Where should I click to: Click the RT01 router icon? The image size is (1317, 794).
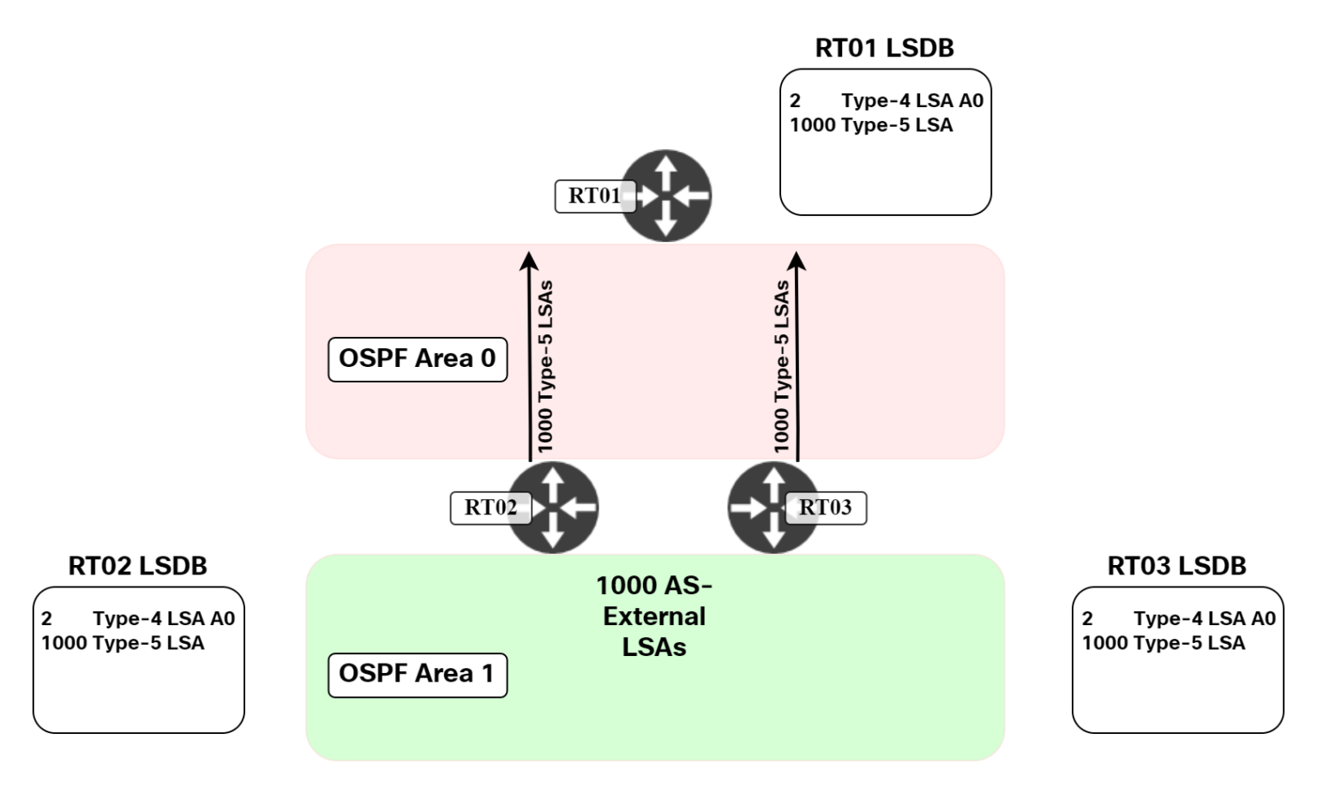pos(666,195)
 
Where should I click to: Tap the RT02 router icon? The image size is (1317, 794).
pos(553,507)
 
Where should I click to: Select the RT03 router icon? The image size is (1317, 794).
pos(772,507)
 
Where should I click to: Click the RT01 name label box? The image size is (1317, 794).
pos(593,196)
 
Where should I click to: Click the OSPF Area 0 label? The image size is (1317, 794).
pos(418,359)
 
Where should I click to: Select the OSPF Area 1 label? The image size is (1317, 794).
pos(418,675)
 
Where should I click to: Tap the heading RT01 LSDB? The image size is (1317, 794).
pos(884,48)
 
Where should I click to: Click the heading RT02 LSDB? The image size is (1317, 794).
pos(137,566)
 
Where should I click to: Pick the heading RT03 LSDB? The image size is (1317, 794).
pos(1176,566)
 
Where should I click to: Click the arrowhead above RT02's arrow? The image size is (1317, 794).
pos(530,260)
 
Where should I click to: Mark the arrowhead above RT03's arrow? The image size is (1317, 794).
pos(797,260)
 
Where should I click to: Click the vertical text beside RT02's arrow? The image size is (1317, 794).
pos(545,366)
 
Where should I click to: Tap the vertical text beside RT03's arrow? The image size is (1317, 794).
pos(781,366)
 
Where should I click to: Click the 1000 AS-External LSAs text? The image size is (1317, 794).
pos(654,616)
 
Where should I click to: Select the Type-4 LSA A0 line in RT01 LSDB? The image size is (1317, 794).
pos(911,100)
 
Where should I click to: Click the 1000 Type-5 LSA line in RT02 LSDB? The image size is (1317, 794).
pos(123,643)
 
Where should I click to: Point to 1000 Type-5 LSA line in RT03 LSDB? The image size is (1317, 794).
pos(1163,643)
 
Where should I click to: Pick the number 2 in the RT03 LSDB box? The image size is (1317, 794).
pos(1087,619)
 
